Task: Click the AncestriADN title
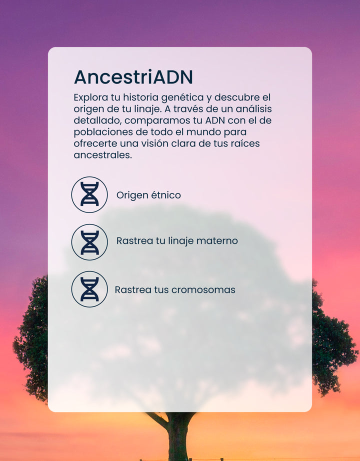click(x=133, y=77)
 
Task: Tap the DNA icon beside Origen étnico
click(x=89, y=194)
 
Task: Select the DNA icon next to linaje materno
click(x=89, y=242)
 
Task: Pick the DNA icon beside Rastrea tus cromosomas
click(x=89, y=289)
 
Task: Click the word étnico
click(x=166, y=195)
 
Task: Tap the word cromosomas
click(x=203, y=290)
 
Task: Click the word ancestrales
click(x=103, y=155)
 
